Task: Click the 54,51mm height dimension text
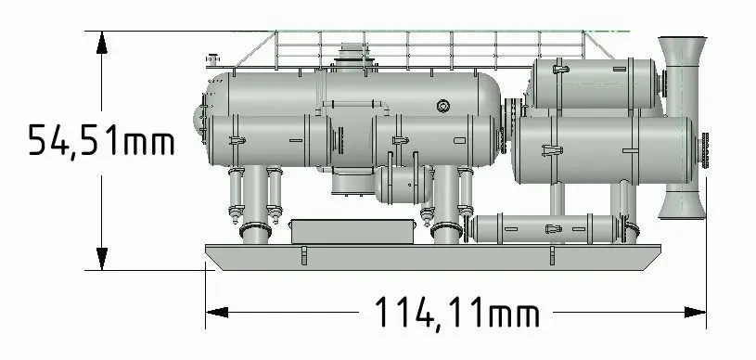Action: coord(101,140)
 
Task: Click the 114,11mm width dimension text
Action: coord(456,313)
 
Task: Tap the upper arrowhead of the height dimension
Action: coord(101,43)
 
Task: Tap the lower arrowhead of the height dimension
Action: coord(101,259)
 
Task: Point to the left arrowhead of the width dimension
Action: coord(217,312)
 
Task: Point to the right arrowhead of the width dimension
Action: coord(695,312)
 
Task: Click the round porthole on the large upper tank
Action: coord(443,106)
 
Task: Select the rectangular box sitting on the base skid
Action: coord(352,232)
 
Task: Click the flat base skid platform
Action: coord(433,257)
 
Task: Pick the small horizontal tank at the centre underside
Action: coord(404,184)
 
